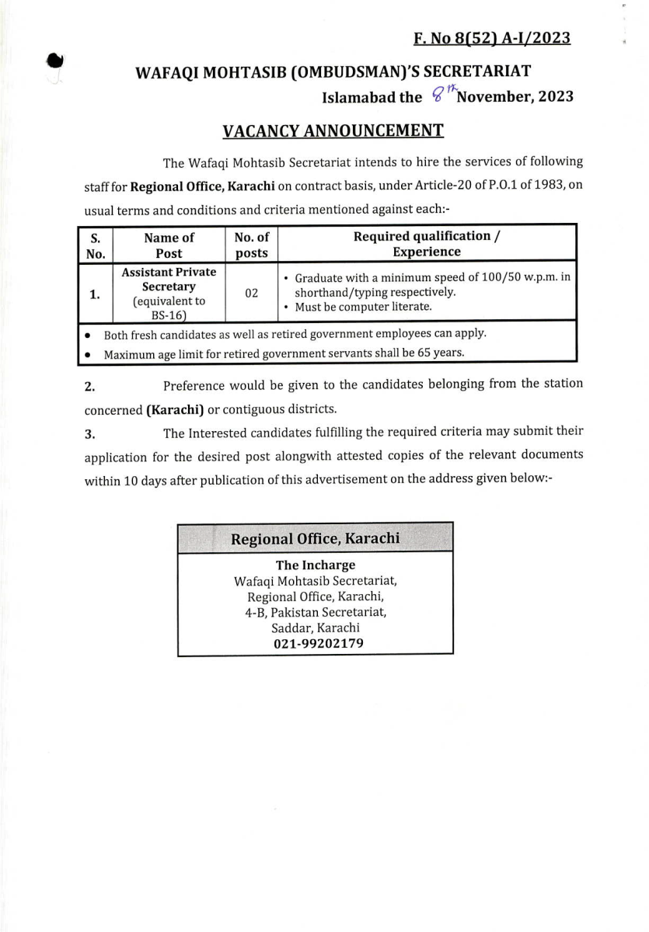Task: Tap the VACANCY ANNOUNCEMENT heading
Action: pos(333,130)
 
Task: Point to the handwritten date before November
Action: pos(442,96)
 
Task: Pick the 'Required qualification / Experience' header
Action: pos(426,244)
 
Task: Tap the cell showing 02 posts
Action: pos(251,293)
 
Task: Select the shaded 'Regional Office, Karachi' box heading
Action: pos(315,538)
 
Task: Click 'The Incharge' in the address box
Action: pos(315,565)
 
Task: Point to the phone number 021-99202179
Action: pos(318,643)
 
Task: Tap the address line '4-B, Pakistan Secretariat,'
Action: pos(315,612)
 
